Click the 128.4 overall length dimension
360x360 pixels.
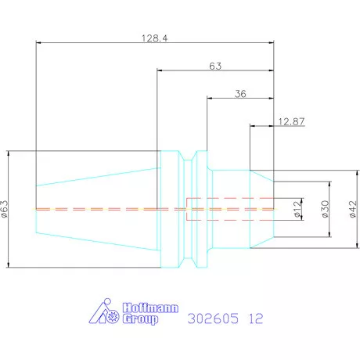(x=154, y=38)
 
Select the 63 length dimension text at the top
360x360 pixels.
(x=215, y=66)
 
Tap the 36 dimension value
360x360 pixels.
(x=240, y=94)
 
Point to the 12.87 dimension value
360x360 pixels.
(x=291, y=121)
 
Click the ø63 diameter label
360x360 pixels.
(x=5, y=209)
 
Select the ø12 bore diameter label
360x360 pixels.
(x=298, y=209)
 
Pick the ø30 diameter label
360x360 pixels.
(x=325, y=209)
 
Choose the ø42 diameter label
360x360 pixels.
(x=353, y=209)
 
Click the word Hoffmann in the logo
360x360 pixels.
(x=150, y=308)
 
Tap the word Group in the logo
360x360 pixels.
(x=140, y=319)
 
